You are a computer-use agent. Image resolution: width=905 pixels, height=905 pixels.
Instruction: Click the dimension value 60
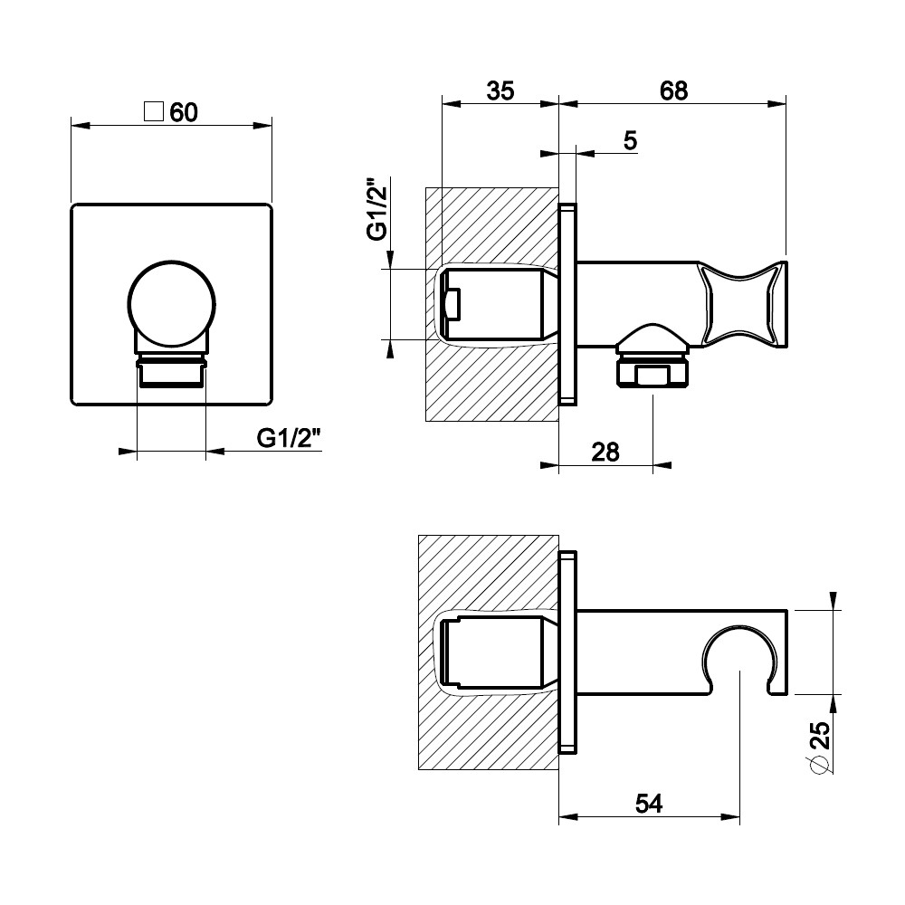click(x=184, y=112)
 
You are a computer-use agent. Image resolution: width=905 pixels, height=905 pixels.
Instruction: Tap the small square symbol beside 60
click(x=154, y=111)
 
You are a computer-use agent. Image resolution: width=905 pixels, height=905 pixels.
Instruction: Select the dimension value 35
click(x=500, y=90)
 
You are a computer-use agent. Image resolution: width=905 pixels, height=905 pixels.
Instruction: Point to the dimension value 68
click(x=673, y=90)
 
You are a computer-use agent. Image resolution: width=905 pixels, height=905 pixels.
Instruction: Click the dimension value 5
click(x=630, y=141)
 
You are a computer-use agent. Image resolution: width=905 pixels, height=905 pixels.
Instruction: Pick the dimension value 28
click(x=605, y=452)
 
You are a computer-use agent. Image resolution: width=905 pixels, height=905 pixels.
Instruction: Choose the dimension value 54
click(x=649, y=804)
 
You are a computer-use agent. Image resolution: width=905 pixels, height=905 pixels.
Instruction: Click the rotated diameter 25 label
click(x=820, y=747)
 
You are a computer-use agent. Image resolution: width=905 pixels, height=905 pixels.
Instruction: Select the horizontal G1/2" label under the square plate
click(x=288, y=439)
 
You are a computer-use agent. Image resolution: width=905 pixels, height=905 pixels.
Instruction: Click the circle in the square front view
click(x=171, y=305)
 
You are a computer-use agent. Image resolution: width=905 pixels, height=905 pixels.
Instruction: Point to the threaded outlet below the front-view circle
click(x=171, y=372)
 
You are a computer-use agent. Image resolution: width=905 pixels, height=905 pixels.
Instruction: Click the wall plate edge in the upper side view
click(x=568, y=304)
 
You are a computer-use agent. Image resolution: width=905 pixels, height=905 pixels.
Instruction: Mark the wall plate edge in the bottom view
click(x=568, y=653)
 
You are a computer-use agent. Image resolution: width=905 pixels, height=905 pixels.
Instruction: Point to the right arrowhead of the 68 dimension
click(x=777, y=104)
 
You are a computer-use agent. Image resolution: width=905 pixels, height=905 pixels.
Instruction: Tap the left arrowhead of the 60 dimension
click(x=81, y=125)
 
